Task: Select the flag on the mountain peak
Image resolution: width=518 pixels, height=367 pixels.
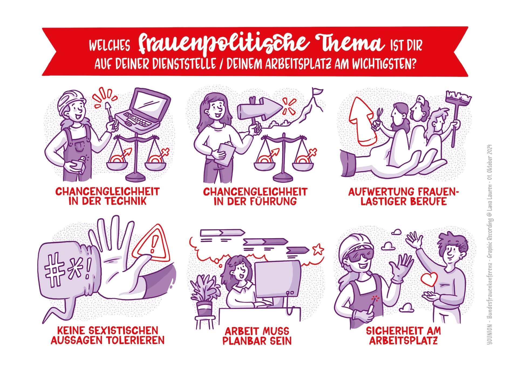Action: pyautogui.click(x=317, y=92)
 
